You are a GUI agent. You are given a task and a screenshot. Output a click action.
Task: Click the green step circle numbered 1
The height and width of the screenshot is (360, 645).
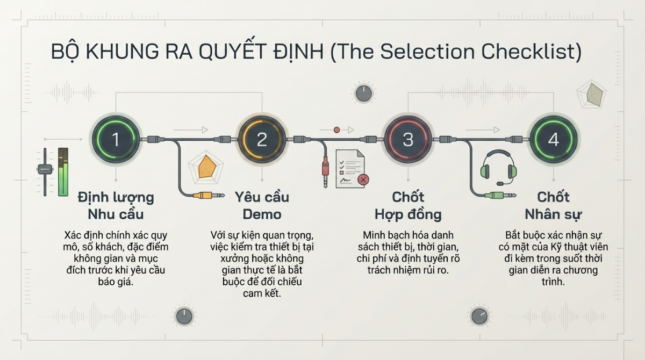coord(116,140)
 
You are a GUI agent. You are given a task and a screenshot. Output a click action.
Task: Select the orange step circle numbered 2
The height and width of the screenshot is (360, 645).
coord(262,140)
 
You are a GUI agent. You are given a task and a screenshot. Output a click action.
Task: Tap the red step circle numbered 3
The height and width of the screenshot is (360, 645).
coord(407,140)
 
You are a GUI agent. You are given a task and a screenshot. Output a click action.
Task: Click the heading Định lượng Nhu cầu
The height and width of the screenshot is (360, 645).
coord(116,205)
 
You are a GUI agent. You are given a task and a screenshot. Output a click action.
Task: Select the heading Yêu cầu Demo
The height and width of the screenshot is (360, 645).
coord(262,205)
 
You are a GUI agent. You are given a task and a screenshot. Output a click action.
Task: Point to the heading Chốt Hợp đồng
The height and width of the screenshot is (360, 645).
coord(407,205)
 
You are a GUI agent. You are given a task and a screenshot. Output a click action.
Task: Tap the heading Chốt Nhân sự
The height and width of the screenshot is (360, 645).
coord(554,205)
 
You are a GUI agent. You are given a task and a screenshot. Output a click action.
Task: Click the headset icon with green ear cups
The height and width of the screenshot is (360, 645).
coord(499,167)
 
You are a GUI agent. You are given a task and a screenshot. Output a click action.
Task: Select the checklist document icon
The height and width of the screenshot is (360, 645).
coord(350,169)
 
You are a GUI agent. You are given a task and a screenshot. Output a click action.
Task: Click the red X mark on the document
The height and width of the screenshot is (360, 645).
coord(363,179)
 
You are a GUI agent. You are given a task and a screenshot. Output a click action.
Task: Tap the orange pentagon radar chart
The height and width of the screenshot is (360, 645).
coord(207,167)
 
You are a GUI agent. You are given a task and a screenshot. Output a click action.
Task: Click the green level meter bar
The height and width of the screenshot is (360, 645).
coord(63,172)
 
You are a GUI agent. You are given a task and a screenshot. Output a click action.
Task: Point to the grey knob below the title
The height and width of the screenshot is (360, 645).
coord(364,93)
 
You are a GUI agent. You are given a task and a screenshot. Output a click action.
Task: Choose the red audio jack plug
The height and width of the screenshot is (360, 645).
coord(325,171)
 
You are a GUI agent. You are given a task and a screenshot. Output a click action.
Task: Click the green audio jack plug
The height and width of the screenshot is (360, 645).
coord(500,196)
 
